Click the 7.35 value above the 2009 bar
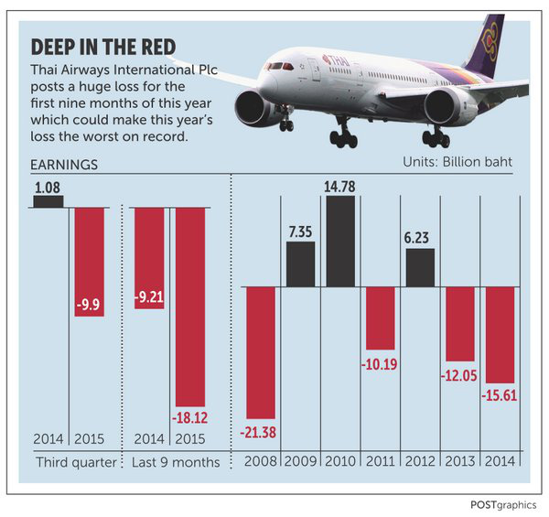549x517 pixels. click(301, 232)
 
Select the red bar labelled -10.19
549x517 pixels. click(379, 318)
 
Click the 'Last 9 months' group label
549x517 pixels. click(177, 463)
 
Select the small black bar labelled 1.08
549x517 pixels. click(48, 201)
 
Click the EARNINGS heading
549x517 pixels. click(64, 165)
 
